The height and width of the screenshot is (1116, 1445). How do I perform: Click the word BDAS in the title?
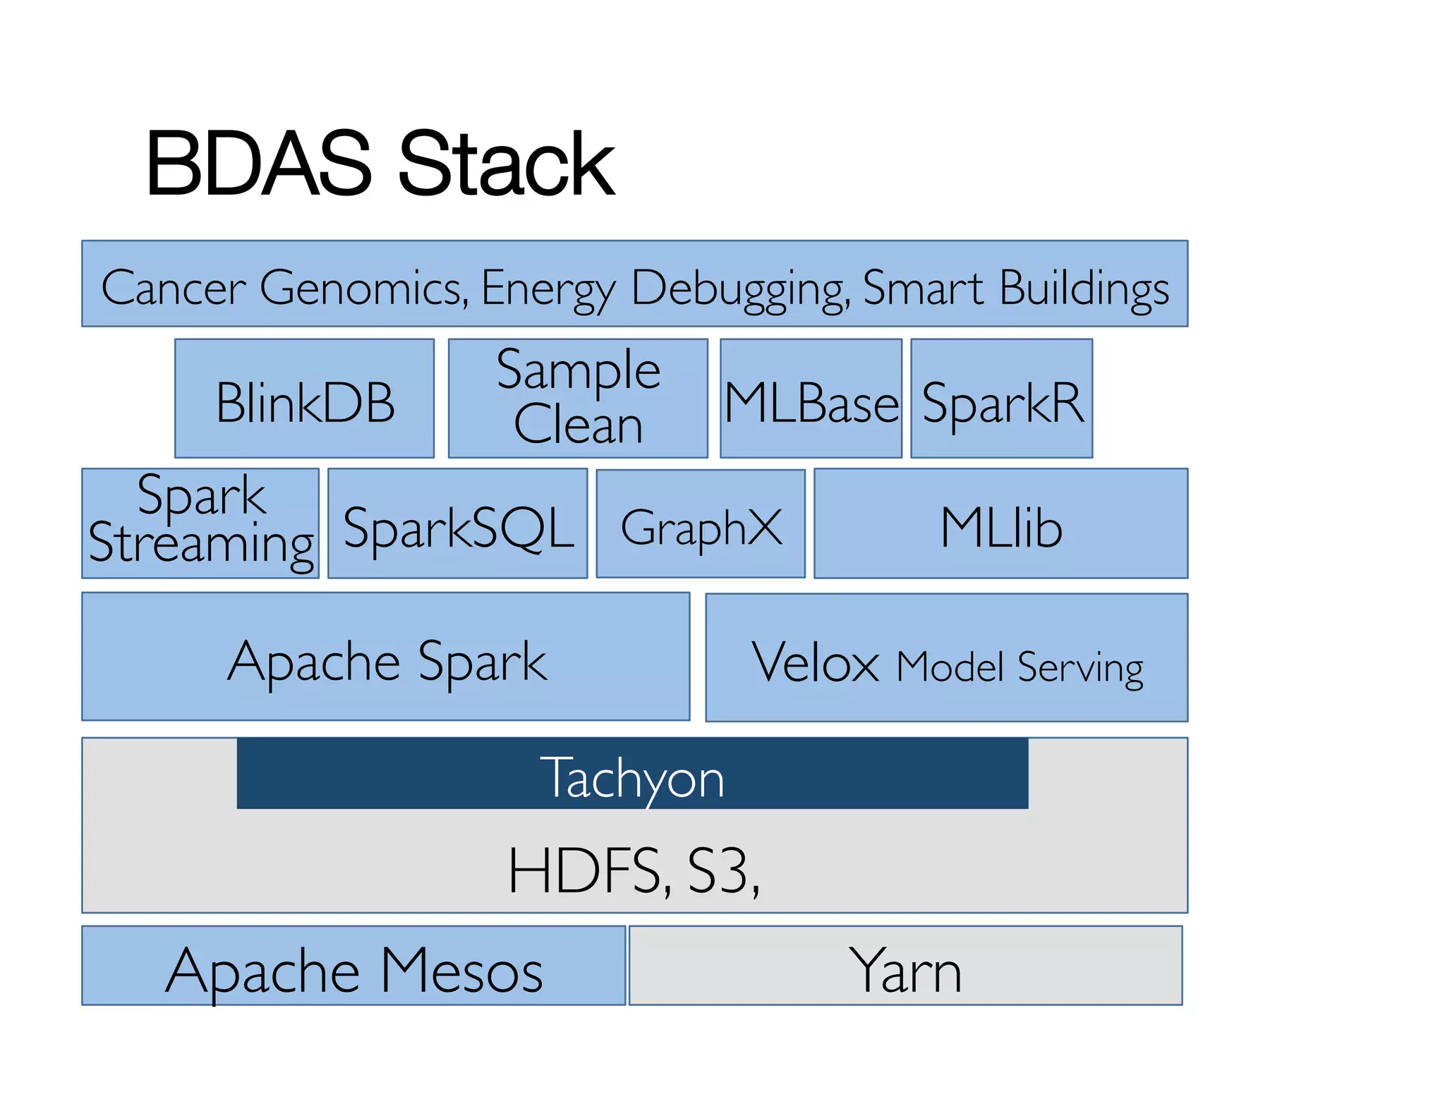click(258, 164)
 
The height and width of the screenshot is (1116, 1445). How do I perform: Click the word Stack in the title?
click(506, 164)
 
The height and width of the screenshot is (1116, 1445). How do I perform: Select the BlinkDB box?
click(304, 399)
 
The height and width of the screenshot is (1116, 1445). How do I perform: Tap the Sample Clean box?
click(578, 399)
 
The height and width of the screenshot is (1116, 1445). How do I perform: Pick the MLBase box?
click(811, 399)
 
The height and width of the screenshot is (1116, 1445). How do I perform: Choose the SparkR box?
click(1001, 399)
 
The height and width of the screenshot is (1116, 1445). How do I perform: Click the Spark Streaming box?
click(200, 523)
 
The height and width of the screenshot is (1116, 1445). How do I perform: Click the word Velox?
click(814, 663)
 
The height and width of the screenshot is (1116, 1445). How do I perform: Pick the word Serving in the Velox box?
click(1080, 667)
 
